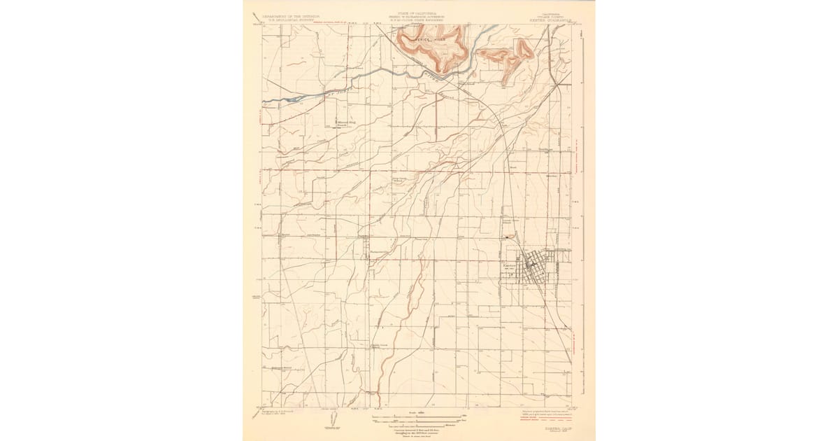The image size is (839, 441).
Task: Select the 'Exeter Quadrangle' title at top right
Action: coord(552,20)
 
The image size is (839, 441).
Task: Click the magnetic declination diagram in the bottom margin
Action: coord(331,419)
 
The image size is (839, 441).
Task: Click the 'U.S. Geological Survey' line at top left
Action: coord(289,20)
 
